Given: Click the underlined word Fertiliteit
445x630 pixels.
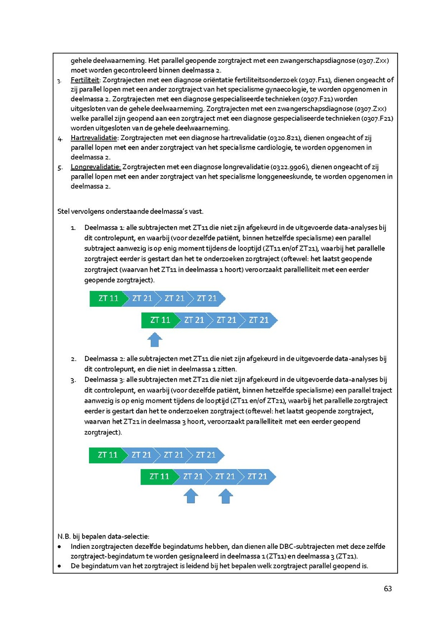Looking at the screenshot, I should click(x=84, y=80).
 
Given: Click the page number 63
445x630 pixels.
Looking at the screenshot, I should click(x=388, y=588).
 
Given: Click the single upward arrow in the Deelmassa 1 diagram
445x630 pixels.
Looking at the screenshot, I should click(x=155, y=339).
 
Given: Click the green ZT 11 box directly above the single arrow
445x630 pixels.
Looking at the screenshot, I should click(x=158, y=320).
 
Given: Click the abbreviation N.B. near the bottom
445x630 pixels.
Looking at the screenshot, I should click(x=64, y=536).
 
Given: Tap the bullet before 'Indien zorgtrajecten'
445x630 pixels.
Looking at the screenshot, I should click(x=60, y=547).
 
